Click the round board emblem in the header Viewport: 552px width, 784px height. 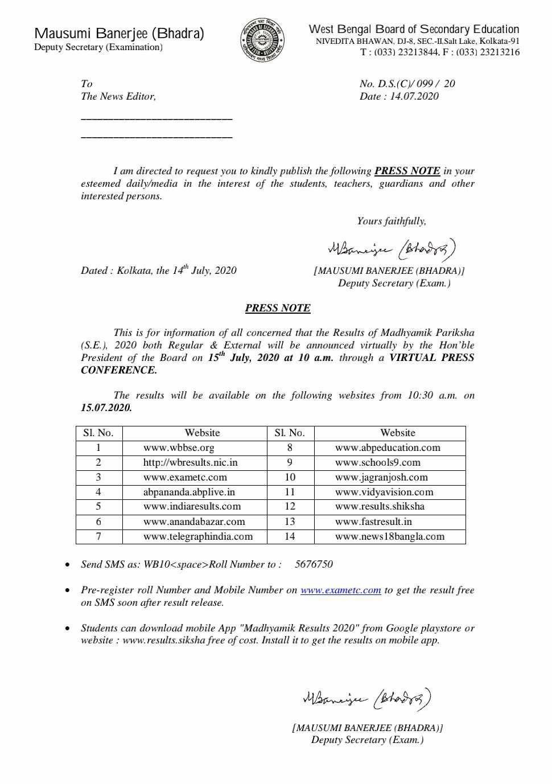coord(262,40)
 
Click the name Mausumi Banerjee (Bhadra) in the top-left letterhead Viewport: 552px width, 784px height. coord(119,34)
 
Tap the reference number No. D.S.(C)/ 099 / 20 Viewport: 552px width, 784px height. coord(407,84)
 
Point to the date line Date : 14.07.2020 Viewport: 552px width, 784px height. coord(399,96)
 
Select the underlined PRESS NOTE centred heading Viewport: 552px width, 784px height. coord(278,308)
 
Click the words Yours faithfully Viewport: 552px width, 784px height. coord(392,221)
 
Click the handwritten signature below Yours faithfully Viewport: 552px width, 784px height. coord(392,249)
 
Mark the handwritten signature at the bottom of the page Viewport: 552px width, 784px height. coord(367,698)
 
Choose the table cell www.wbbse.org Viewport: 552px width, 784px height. coord(179,448)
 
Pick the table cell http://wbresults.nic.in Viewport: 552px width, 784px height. coord(190,462)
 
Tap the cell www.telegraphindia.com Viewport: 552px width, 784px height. coord(197,536)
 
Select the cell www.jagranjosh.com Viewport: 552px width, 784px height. coord(381,477)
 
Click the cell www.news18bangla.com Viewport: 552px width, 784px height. coord(390,536)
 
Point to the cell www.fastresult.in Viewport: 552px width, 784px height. coord(373,522)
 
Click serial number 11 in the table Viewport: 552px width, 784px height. coord(290,492)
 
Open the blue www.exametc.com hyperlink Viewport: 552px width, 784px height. coord(340,590)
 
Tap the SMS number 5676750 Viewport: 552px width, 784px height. coord(314,564)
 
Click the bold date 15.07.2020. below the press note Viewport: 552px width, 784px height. coord(106,408)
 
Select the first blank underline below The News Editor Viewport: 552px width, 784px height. coord(156,118)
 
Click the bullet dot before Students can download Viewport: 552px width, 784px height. coord(68,629)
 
